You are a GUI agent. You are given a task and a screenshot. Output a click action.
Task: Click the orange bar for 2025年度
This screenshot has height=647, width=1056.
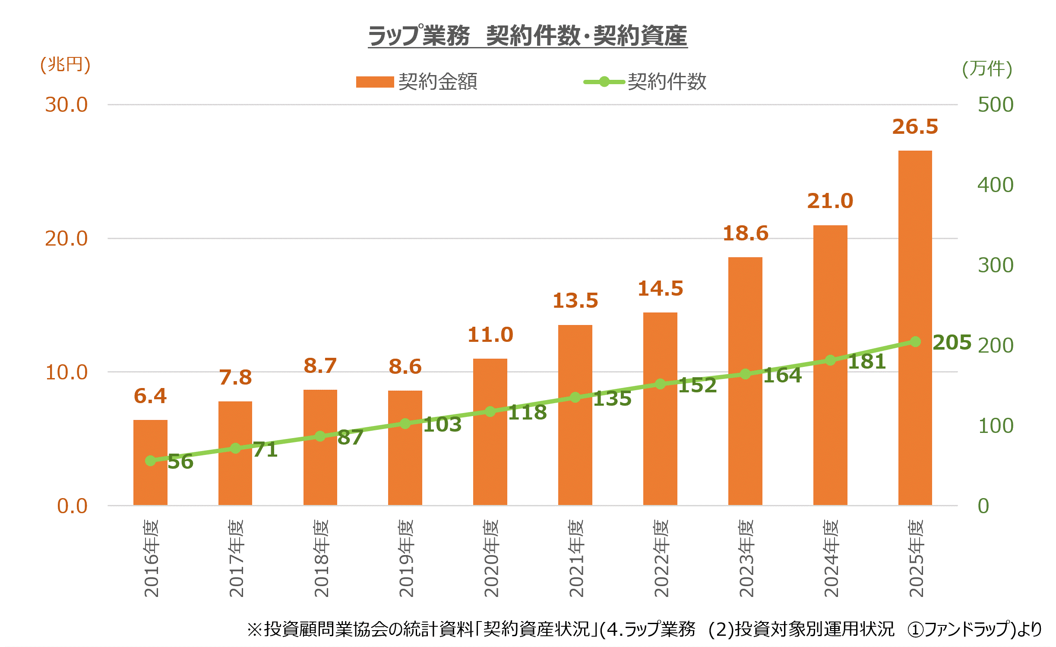click(x=915, y=328)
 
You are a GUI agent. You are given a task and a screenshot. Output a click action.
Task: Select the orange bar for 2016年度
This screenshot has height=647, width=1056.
click(x=150, y=463)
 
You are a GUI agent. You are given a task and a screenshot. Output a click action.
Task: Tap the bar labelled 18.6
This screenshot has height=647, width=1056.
click(x=745, y=381)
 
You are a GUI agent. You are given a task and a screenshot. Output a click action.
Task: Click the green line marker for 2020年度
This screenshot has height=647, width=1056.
click(x=490, y=411)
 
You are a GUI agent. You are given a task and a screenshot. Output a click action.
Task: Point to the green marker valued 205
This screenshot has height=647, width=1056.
click(x=915, y=341)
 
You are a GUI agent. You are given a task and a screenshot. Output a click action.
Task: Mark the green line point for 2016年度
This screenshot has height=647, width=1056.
click(x=150, y=461)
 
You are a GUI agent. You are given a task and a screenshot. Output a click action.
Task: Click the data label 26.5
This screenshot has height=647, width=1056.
click(x=915, y=127)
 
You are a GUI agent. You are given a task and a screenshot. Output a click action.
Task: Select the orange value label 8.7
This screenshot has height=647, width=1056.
click(x=320, y=366)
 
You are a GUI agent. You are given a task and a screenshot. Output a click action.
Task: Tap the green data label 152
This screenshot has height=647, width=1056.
click(x=697, y=385)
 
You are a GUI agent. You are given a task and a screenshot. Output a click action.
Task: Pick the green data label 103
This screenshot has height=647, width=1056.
click(x=442, y=425)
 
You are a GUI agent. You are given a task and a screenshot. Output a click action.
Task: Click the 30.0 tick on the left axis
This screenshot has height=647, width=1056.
click(x=66, y=105)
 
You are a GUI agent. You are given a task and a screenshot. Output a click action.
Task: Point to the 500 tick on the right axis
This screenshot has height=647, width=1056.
click(x=996, y=105)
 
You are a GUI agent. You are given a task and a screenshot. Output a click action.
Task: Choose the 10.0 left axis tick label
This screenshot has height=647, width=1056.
click(x=66, y=372)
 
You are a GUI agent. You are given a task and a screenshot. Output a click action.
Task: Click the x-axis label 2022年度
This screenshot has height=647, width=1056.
click(x=661, y=558)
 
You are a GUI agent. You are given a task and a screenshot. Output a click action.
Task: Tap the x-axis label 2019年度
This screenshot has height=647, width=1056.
click(x=406, y=558)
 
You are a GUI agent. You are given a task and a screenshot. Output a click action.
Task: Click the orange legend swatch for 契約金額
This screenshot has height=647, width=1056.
click(x=375, y=82)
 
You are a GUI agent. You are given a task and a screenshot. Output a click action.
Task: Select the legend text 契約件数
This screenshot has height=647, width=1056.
click(x=667, y=82)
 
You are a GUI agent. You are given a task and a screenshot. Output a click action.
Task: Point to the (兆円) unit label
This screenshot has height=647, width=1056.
click(x=65, y=65)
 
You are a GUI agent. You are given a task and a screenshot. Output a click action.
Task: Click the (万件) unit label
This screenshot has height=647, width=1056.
click(x=987, y=69)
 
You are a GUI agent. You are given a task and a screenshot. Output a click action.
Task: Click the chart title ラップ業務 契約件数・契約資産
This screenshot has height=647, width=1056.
click(x=528, y=35)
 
